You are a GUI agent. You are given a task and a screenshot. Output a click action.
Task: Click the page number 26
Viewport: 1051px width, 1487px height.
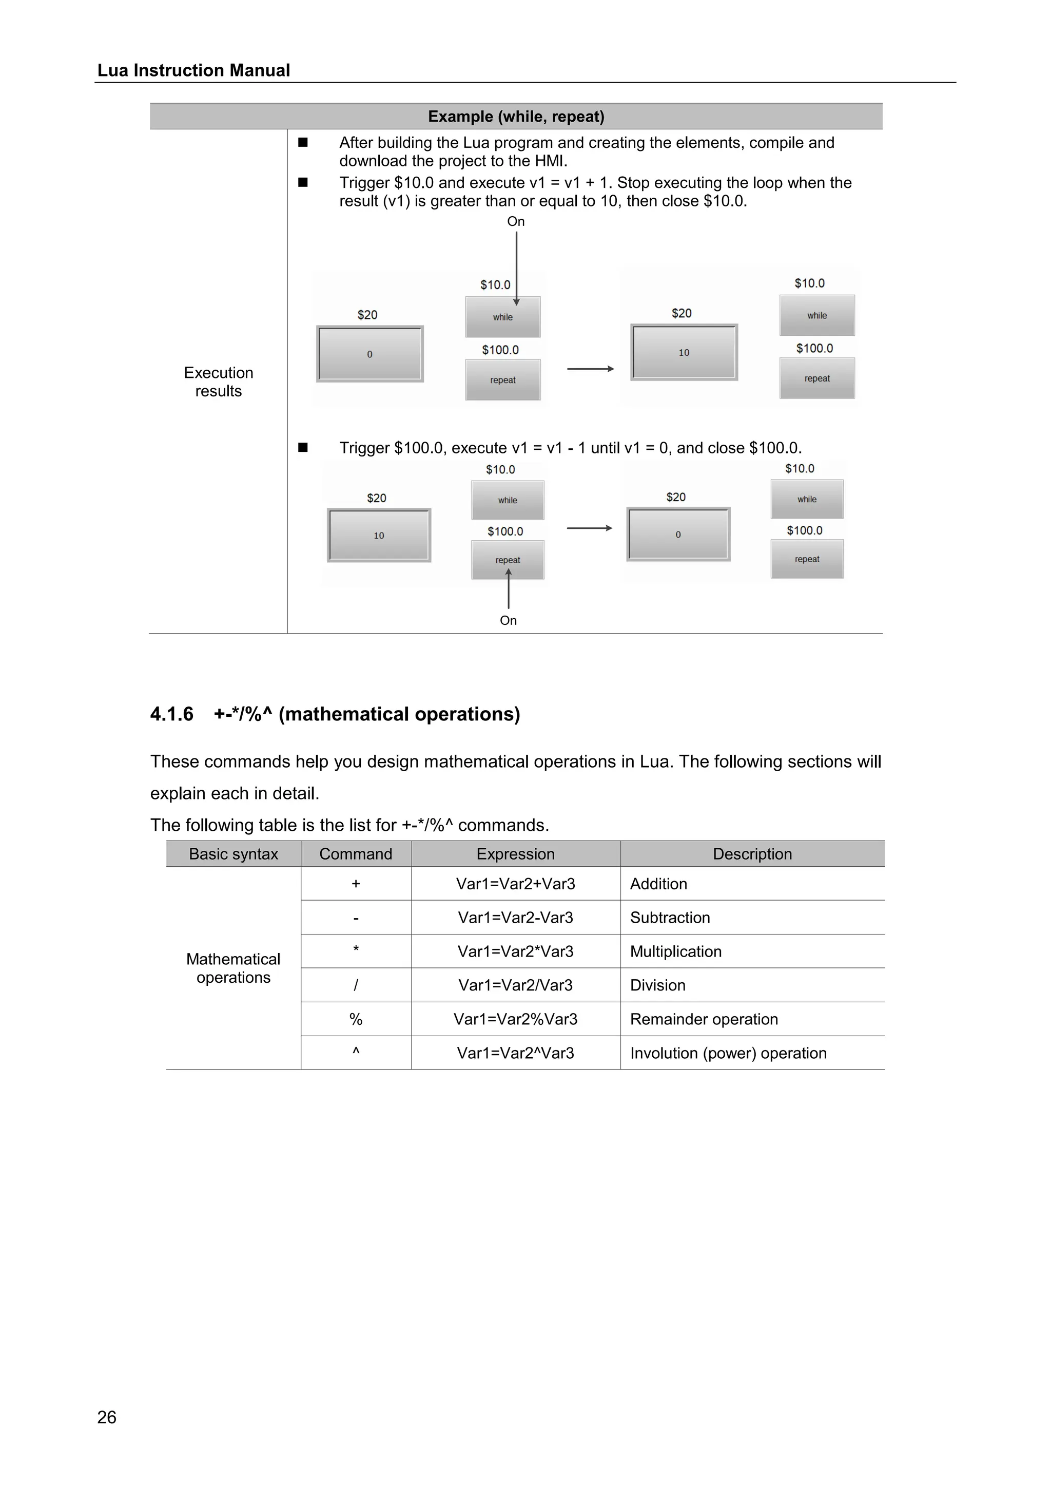(107, 1417)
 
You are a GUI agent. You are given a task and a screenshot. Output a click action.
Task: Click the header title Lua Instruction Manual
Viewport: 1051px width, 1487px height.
(193, 70)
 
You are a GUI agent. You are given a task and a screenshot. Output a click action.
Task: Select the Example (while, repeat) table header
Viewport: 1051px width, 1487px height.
(516, 117)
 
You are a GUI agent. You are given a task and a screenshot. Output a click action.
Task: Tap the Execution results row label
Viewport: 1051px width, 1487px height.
(218, 382)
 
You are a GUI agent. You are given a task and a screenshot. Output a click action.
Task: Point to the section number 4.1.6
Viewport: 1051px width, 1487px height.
(171, 714)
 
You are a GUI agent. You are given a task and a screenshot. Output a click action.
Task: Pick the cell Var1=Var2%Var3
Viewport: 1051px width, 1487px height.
(515, 1019)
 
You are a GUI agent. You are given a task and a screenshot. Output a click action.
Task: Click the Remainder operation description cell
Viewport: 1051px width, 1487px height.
(704, 1019)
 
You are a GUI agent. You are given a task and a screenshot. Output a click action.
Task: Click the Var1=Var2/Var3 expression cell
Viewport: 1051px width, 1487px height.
(515, 985)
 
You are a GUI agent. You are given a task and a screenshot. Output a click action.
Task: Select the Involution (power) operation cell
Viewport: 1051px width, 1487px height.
(728, 1053)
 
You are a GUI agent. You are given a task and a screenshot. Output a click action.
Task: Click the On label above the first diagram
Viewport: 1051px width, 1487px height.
(516, 221)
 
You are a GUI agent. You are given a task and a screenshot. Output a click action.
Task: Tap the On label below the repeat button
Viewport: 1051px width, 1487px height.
(508, 620)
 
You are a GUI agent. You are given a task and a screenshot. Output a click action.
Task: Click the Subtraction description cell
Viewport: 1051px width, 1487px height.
(670, 918)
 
